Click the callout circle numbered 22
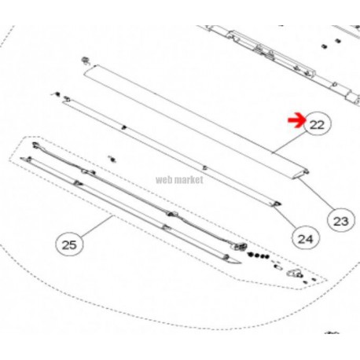coord(318,124)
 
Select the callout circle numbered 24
coord(306,238)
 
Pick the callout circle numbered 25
coord(69,244)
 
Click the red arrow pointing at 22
coord(296,122)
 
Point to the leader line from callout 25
coord(97,226)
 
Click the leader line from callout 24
coord(285,216)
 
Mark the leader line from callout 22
coord(289,142)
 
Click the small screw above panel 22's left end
coord(85,60)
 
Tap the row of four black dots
coord(258,255)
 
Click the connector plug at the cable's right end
coord(240,247)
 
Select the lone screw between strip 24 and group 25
coord(112,159)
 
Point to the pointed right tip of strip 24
coord(281,204)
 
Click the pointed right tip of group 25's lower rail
coord(241,263)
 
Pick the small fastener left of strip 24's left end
coord(57,94)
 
